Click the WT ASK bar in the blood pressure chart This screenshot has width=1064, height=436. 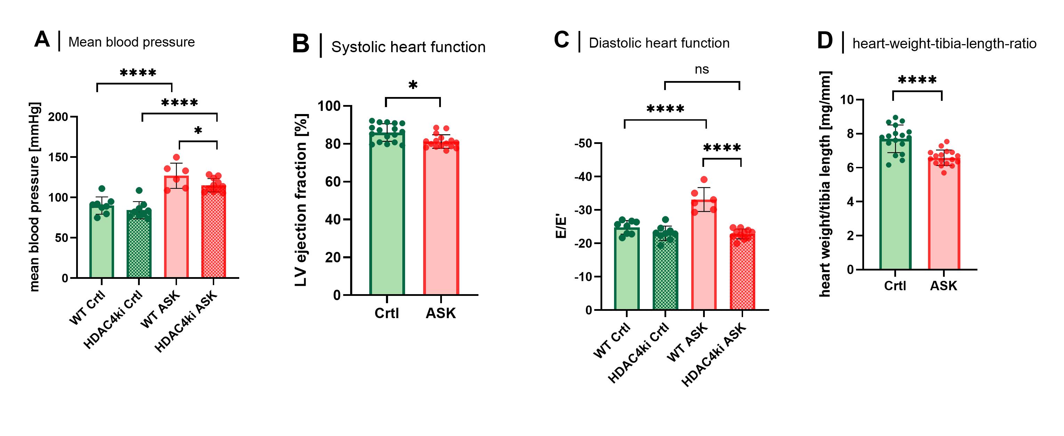coord(176,231)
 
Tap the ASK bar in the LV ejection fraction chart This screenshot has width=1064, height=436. coord(441,223)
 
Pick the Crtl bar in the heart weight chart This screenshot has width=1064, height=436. coord(895,207)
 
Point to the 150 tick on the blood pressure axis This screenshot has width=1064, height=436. coord(58,157)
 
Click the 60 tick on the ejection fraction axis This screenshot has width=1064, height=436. coord(332,181)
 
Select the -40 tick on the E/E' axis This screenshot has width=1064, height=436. coord(583,177)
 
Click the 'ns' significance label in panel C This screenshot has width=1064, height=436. coord(702,70)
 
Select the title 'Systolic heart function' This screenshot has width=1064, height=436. coord(408,47)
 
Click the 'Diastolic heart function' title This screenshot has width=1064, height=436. coord(659,43)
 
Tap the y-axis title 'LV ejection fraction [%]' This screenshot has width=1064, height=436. coord(301,200)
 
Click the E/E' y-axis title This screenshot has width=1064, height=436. coord(561,226)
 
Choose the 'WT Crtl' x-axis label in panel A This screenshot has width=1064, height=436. coord(87,308)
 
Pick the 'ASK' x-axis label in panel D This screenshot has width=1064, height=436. coord(943,286)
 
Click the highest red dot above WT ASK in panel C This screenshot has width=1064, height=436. coord(704,180)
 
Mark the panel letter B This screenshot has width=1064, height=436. coord(301,44)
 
